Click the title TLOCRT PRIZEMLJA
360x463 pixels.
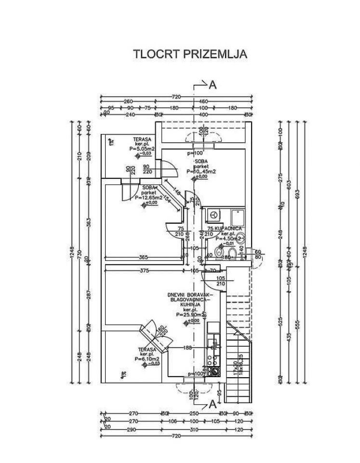coord(190,54)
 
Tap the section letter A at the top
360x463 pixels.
coord(213,85)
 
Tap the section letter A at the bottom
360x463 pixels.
coord(213,405)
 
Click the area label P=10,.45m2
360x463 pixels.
coord(201,171)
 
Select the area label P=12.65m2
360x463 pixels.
coord(148,197)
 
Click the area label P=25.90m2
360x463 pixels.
coord(188,314)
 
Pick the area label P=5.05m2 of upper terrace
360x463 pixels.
coord(142,150)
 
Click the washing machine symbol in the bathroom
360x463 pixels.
coord(213,214)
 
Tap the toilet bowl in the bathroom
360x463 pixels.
coord(230,254)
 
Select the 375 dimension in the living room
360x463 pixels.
coord(143,271)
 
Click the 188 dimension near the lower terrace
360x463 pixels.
coord(188,347)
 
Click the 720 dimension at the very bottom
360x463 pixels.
coord(176,436)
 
